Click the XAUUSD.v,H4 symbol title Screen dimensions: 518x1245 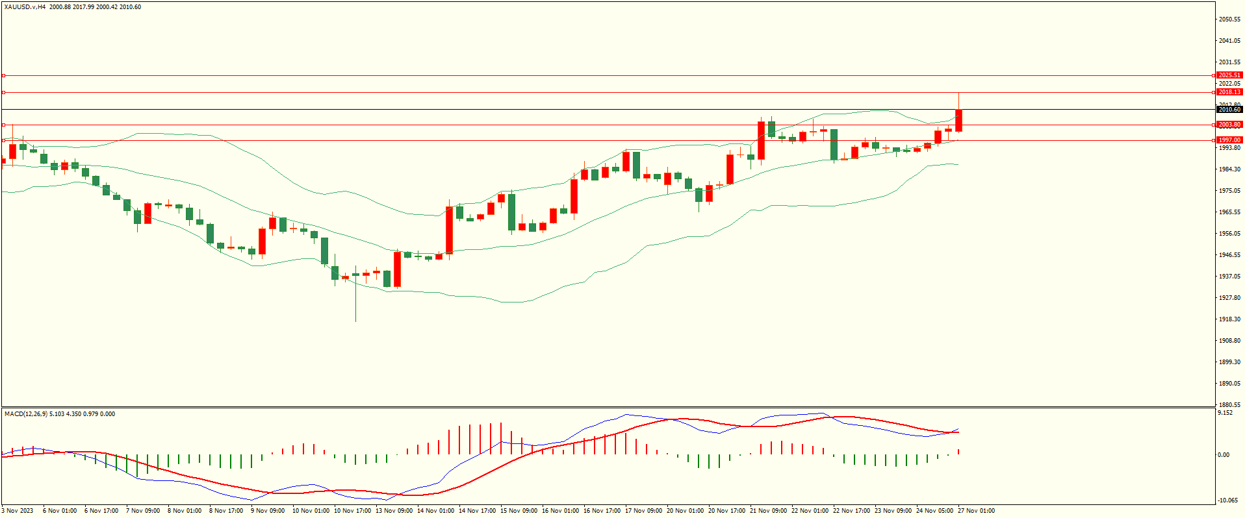pos(26,7)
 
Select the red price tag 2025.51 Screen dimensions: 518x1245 pos(1229,75)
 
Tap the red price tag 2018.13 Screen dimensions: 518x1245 pos(1229,92)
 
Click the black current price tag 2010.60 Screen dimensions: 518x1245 pos(1229,110)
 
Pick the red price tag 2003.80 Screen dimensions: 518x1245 pos(1229,125)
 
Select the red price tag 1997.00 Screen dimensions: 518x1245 pos(1229,140)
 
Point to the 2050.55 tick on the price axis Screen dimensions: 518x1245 pos(1229,19)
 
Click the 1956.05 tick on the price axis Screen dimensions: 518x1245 pos(1229,234)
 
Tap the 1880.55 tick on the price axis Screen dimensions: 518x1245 pos(1229,404)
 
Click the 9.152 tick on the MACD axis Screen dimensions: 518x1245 pos(1225,413)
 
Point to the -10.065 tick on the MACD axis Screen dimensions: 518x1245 pos(1227,500)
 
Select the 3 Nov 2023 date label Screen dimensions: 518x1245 pos(18,511)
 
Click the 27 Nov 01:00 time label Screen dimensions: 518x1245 pos(976,511)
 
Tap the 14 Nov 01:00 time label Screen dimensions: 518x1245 pos(435,511)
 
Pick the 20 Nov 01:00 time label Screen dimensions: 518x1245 pos(685,511)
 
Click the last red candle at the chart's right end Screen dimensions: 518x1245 pos(958,121)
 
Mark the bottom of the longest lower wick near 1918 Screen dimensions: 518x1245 pos(355,321)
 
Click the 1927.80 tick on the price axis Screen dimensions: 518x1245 pos(1229,298)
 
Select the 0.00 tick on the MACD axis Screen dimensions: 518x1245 pos(1223,455)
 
